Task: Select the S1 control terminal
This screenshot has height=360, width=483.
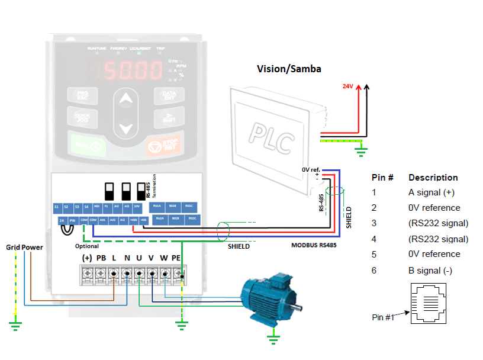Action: tap(57, 207)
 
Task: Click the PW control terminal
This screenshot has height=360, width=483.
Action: tap(72, 220)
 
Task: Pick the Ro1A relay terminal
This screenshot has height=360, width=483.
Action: tap(157, 206)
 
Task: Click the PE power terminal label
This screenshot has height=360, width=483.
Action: tap(176, 258)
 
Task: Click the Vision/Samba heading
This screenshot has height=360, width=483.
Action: tap(289, 69)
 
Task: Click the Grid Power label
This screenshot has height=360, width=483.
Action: tap(24, 247)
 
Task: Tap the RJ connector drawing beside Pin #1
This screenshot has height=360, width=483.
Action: tap(430, 304)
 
